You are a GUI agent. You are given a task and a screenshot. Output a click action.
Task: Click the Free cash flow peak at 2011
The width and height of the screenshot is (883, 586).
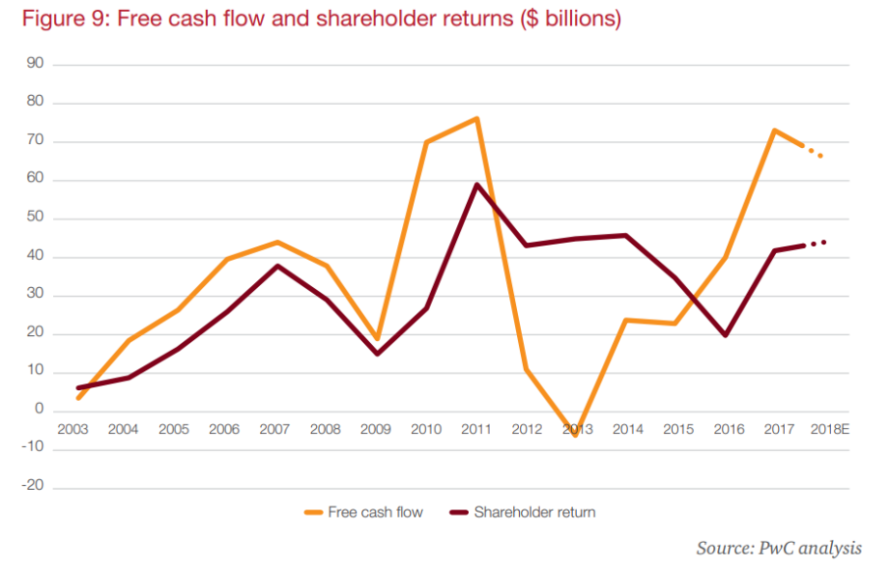click(476, 119)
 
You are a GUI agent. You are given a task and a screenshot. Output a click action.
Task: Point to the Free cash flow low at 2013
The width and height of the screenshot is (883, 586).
click(577, 434)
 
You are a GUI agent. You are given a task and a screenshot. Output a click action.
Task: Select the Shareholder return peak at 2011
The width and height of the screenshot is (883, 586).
click(476, 184)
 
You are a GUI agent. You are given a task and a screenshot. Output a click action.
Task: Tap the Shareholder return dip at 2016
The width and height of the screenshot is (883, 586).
click(725, 335)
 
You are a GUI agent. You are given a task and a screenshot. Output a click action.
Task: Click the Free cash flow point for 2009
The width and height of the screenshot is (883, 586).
click(376, 339)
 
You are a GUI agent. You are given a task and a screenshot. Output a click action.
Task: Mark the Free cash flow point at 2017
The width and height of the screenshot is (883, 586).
click(775, 130)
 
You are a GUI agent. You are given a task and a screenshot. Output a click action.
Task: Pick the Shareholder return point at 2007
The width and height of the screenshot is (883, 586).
click(277, 266)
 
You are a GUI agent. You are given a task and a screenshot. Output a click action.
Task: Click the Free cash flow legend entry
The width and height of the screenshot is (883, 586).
click(364, 512)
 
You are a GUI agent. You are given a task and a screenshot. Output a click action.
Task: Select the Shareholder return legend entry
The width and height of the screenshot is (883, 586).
click(522, 512)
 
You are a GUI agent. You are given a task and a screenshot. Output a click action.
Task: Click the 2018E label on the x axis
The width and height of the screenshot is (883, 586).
click(830, 429)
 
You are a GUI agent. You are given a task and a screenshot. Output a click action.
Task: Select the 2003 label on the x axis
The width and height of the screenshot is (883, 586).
click(74, 429)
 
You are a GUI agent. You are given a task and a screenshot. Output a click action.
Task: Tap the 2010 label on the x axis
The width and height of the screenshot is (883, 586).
click(426, 429)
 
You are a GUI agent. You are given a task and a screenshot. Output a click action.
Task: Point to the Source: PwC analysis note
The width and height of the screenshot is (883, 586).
click(779, 548)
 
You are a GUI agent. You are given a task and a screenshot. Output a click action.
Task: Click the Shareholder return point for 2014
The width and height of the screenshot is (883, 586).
click(626, 235)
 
